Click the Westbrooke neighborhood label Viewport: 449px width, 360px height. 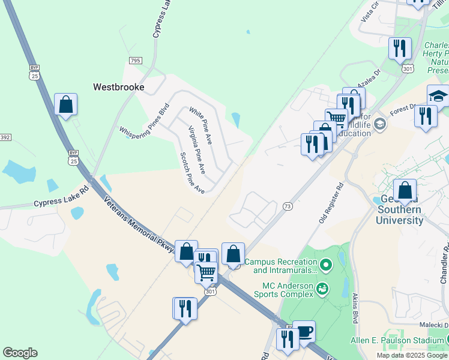click(x=119, y=87)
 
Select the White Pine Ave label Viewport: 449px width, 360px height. click(x=200, y=126)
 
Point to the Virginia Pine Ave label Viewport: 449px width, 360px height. click(x=197, y=150)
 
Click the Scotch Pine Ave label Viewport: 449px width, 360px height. click(x=193, y=173)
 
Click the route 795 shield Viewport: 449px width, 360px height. click(x=135, y=61)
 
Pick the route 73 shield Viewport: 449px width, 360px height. click(x=288, y=206)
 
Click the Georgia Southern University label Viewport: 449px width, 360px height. click(x=399, y=215)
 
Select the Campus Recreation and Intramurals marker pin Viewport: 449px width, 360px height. click(x=326, y=263)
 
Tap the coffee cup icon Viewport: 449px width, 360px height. click(x=304, y=332)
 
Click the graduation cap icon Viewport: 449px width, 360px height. click(x=438, y=97)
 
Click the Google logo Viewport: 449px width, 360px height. click(x=20, y=353)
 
